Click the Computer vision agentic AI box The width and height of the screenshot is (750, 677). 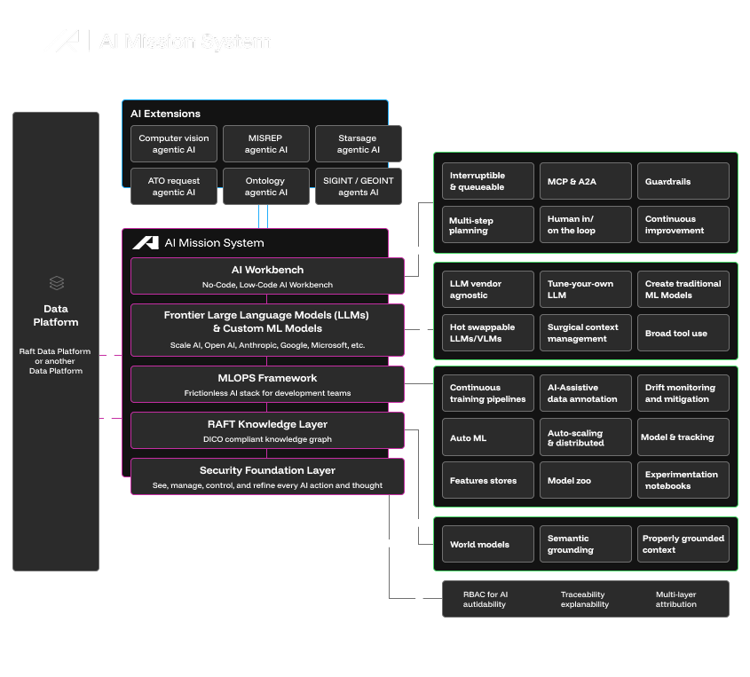(174, 144)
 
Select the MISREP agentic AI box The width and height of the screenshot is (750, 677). (266, 144)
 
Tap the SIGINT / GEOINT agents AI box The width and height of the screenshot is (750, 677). (359, 186)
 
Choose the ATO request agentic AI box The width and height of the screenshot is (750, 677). (174, 186)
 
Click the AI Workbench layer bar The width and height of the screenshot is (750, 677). (267, 276)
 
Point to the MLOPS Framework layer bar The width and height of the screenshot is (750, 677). (267, 384)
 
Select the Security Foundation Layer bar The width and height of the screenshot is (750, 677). (267, 476)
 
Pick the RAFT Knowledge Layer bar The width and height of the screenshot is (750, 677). (267, 430)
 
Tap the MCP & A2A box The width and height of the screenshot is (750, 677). (586, 181)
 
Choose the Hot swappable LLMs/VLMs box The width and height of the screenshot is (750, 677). (488, 333)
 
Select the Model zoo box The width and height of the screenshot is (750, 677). (586, 480)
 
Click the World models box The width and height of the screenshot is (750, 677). (488, 544)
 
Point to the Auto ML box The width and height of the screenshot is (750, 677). (488, 437)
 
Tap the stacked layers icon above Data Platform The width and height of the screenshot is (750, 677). (56, 283)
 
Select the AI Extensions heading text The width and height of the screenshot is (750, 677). (165, 114)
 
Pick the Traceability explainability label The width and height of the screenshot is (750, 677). (585, 599)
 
